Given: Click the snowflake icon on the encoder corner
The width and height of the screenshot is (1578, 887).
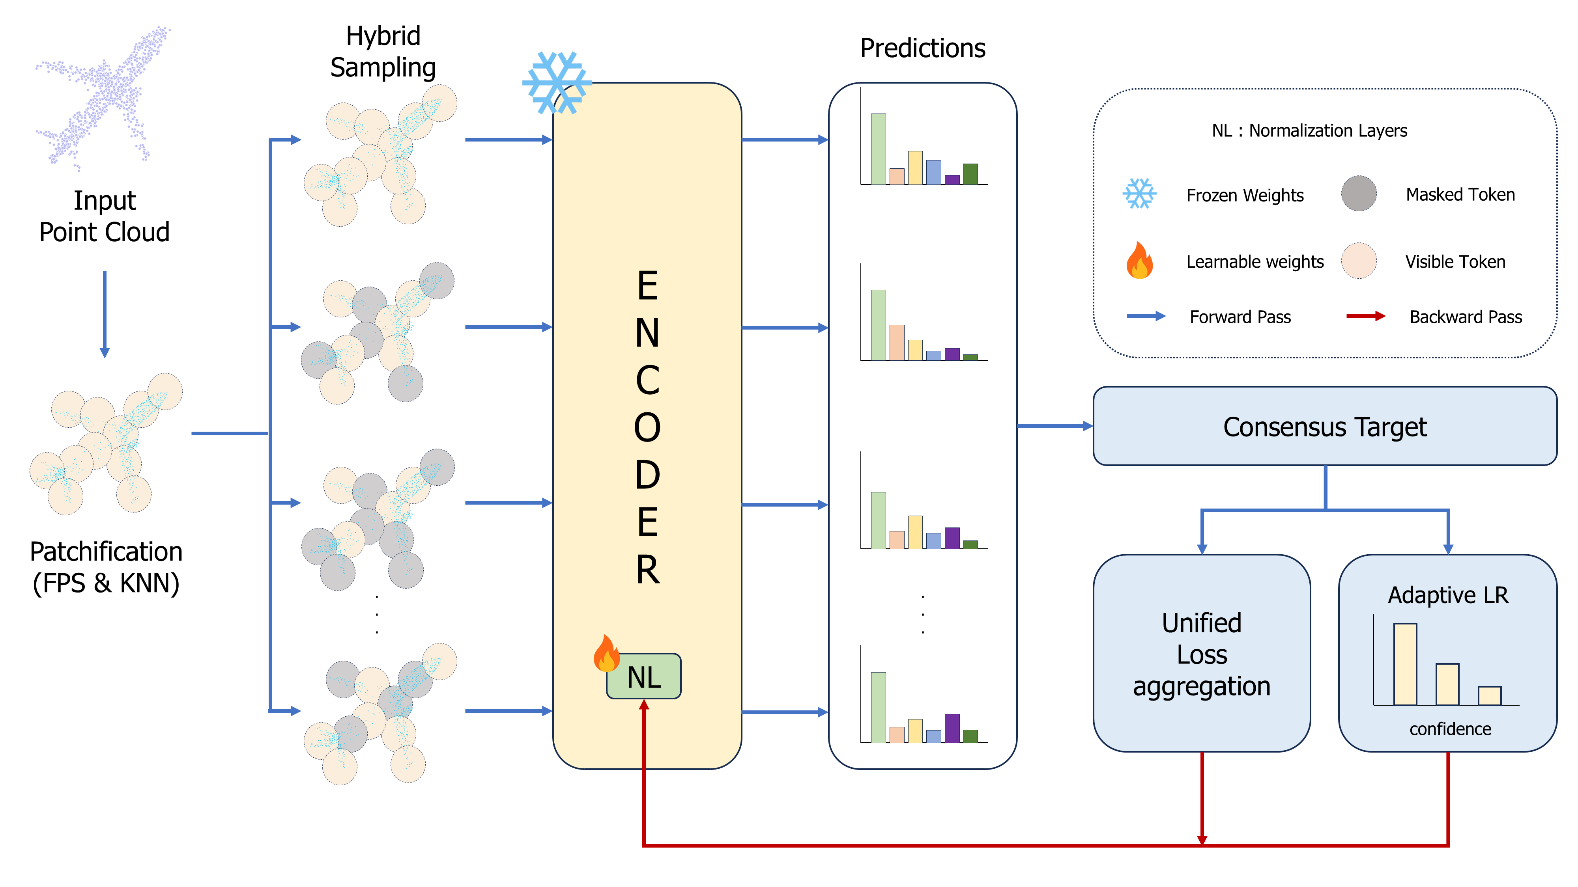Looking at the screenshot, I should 556,83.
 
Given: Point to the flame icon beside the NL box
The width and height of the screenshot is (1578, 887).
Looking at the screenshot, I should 606,653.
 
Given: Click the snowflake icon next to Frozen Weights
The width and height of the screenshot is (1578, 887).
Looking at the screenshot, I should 1139,194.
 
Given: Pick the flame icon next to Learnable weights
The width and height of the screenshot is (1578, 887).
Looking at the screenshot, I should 1139,260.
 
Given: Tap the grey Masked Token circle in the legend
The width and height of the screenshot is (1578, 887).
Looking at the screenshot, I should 1358,194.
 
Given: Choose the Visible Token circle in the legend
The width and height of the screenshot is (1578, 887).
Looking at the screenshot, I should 1358,260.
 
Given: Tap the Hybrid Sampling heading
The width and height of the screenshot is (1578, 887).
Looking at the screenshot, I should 383,51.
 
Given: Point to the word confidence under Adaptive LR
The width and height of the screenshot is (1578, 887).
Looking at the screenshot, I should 1449,729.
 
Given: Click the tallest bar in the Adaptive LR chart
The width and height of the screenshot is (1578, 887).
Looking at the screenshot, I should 1405,664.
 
